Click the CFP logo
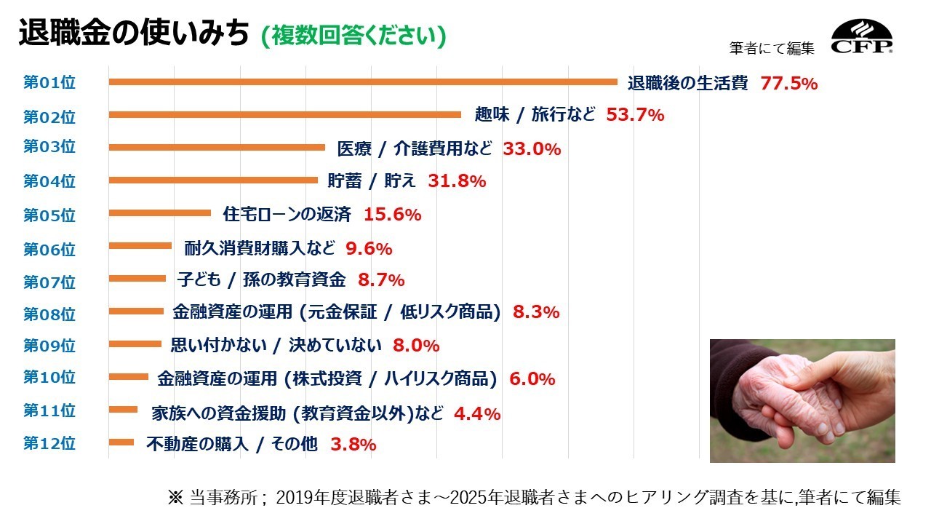(x=863, y=38)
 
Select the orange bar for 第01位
(x=363, y=82)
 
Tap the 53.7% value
(x=635, y=115)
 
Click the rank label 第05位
(x=49, y=215)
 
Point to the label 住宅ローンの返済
(x=287, y=215)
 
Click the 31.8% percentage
(x=457, y=181)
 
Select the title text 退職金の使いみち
(x=134, y=34)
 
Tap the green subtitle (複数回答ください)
(x=353, y=36)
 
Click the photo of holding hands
(x=802, y=401)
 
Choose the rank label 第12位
(x=49, y=442)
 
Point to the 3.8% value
(x=353, y=444)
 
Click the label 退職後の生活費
(x=688, y=83)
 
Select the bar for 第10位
(x=128, y=376)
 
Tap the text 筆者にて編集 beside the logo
(x=772, y=48)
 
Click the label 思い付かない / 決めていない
(x=276, y=345)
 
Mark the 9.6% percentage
(x=369, y=249)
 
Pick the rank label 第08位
(x=49, y=314)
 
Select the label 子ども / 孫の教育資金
(x=261, y=279)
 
